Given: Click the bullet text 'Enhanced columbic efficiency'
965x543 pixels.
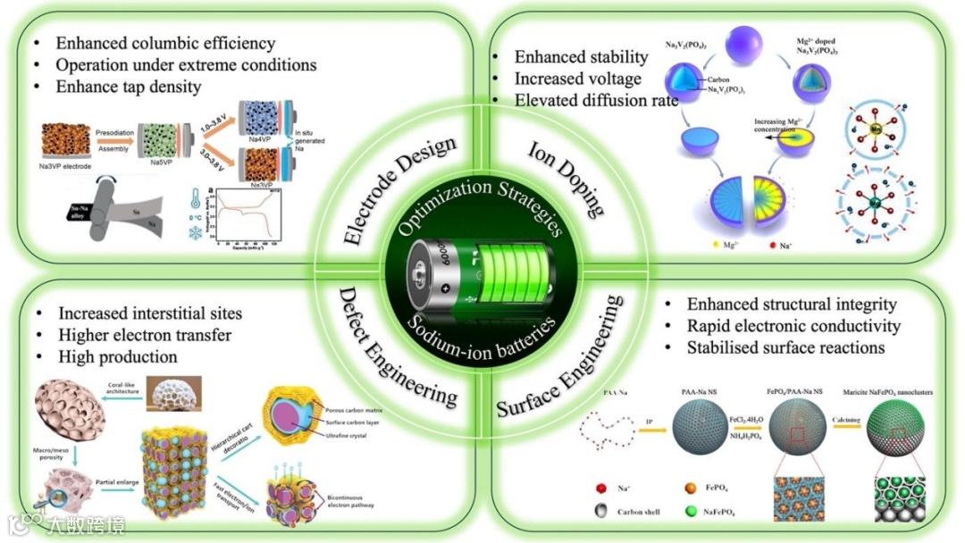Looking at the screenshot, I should pos(165,43).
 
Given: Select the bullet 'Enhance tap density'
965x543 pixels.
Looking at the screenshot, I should pos(128,87).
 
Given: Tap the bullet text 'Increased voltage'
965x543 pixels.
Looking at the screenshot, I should pos(577,79).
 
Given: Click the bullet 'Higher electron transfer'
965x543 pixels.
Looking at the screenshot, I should pos(145,335).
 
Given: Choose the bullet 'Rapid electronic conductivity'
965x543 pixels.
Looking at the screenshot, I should pos(793,326).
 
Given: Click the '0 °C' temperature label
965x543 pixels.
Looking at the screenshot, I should pos(196,218).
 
